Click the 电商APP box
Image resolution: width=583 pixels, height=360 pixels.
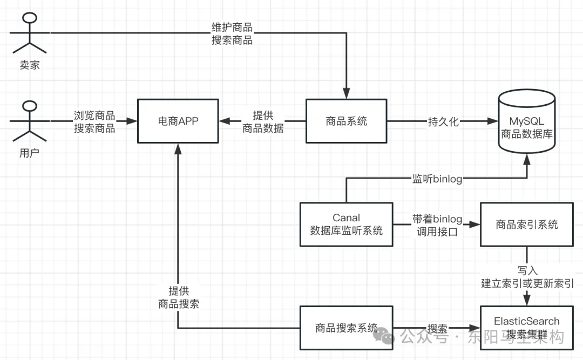[178, 121]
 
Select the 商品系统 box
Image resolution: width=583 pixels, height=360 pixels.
[346, 121]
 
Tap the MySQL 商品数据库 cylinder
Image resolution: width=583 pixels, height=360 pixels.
[526, 124]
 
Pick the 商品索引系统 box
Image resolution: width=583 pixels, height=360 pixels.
[526, 225]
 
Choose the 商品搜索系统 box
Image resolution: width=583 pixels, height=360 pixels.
[346, 328]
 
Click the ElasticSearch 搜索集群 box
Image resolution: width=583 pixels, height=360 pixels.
[526, 328]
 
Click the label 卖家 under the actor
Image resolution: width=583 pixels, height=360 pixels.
[29, 65]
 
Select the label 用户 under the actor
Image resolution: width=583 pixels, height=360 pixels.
[29, 153]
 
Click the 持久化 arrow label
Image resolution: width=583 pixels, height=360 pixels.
[443, 121]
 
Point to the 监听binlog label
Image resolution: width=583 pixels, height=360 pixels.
[437, 179]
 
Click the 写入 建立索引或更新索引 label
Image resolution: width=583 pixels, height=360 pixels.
[527, 276]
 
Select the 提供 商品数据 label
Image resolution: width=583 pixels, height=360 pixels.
[263, 122]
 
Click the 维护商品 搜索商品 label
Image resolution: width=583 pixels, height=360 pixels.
[232, 33]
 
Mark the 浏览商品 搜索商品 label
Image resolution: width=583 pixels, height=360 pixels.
[94, 122]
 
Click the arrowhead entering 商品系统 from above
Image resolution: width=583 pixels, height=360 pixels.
[346, 93]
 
